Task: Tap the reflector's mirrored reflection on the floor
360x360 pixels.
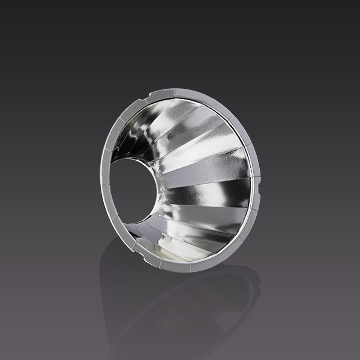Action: pos(180,306)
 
